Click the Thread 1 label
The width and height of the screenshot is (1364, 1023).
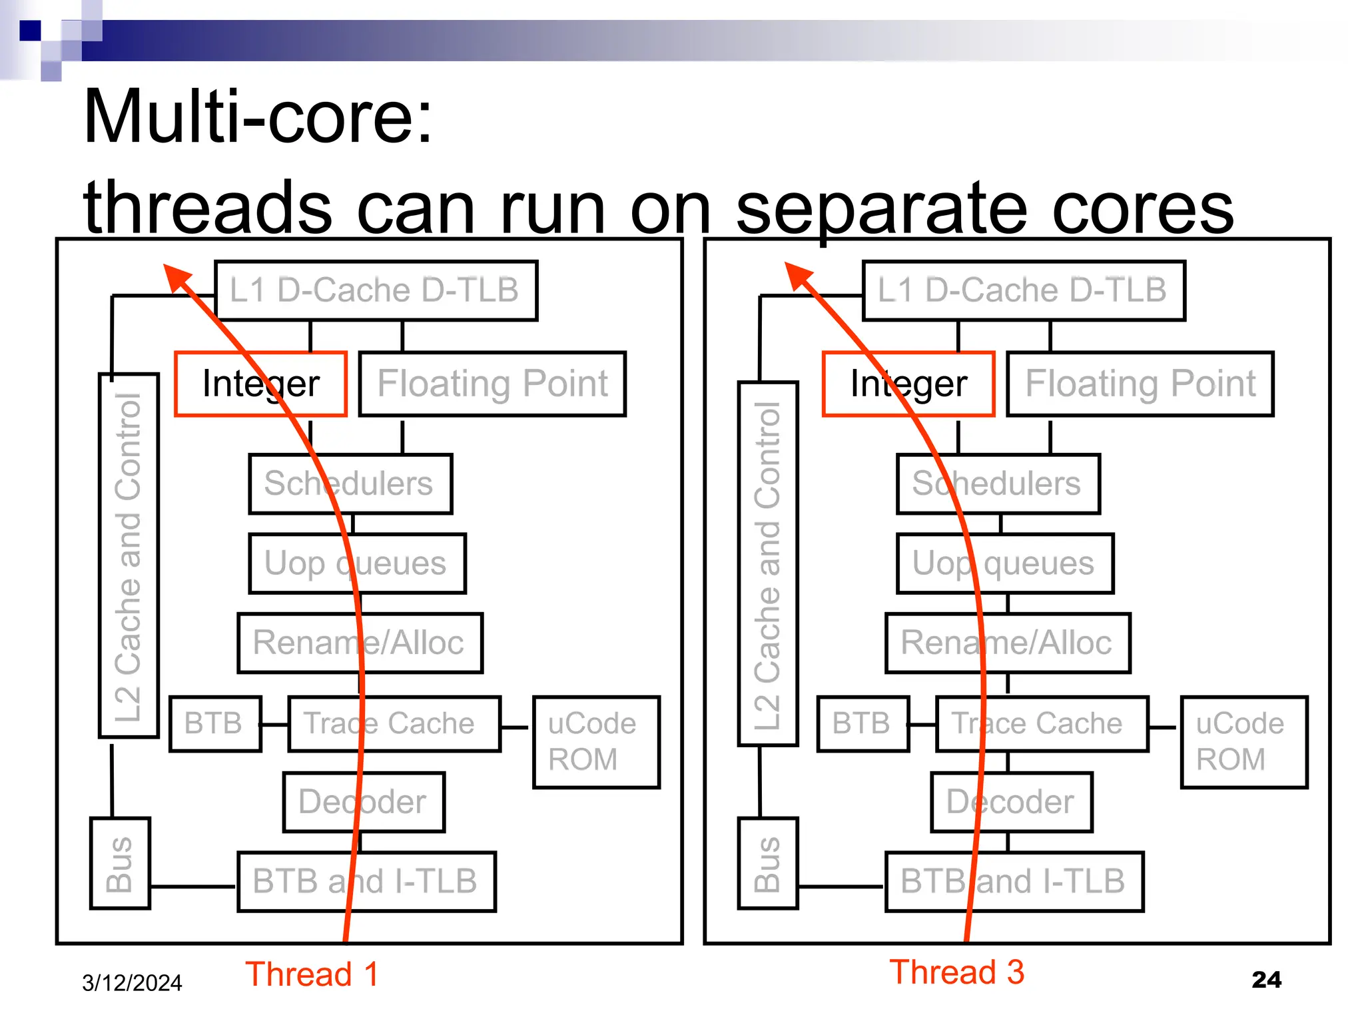point(312,974)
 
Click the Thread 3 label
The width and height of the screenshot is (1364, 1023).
point(956,972)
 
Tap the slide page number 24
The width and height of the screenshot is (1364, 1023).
point(1266,980)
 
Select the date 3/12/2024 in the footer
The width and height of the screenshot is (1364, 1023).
point(132,983)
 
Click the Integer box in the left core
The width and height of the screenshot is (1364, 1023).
point(260,384)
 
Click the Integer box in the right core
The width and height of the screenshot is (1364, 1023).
point(908,384)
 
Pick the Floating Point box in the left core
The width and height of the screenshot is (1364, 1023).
point(492,384)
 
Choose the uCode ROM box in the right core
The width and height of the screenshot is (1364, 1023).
point(1244,742)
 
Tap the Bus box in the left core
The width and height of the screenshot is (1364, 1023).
point(120,863)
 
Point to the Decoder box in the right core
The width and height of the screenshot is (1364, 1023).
point(1011,802)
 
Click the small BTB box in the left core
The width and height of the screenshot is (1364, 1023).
point(214,724)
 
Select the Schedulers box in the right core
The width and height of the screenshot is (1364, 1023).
point(998,484)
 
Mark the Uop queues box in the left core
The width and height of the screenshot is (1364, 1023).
point(357,563)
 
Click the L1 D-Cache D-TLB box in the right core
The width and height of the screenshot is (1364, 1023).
point(1023,290)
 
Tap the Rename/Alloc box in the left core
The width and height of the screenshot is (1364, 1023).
point(360,643)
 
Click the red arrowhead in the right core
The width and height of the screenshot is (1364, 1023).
point(798,274)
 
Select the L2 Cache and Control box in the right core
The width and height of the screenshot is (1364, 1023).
point(767,563)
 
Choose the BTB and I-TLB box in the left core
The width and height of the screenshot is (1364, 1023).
point(366,881)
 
